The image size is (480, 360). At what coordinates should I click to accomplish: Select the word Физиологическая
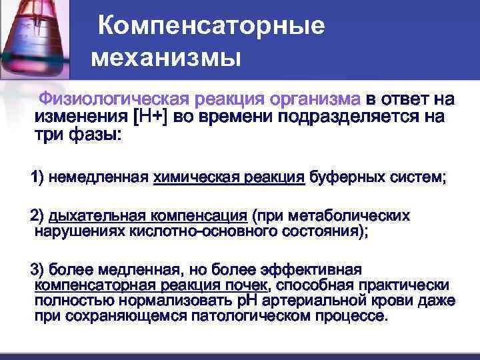pos(114,100)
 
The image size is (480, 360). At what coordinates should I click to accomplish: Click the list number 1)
pos(35,178)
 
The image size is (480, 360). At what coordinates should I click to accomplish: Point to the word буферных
pos(341,178)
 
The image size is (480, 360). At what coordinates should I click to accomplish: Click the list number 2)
pos(35,217)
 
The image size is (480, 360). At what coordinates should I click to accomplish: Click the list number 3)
pos(35,270)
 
